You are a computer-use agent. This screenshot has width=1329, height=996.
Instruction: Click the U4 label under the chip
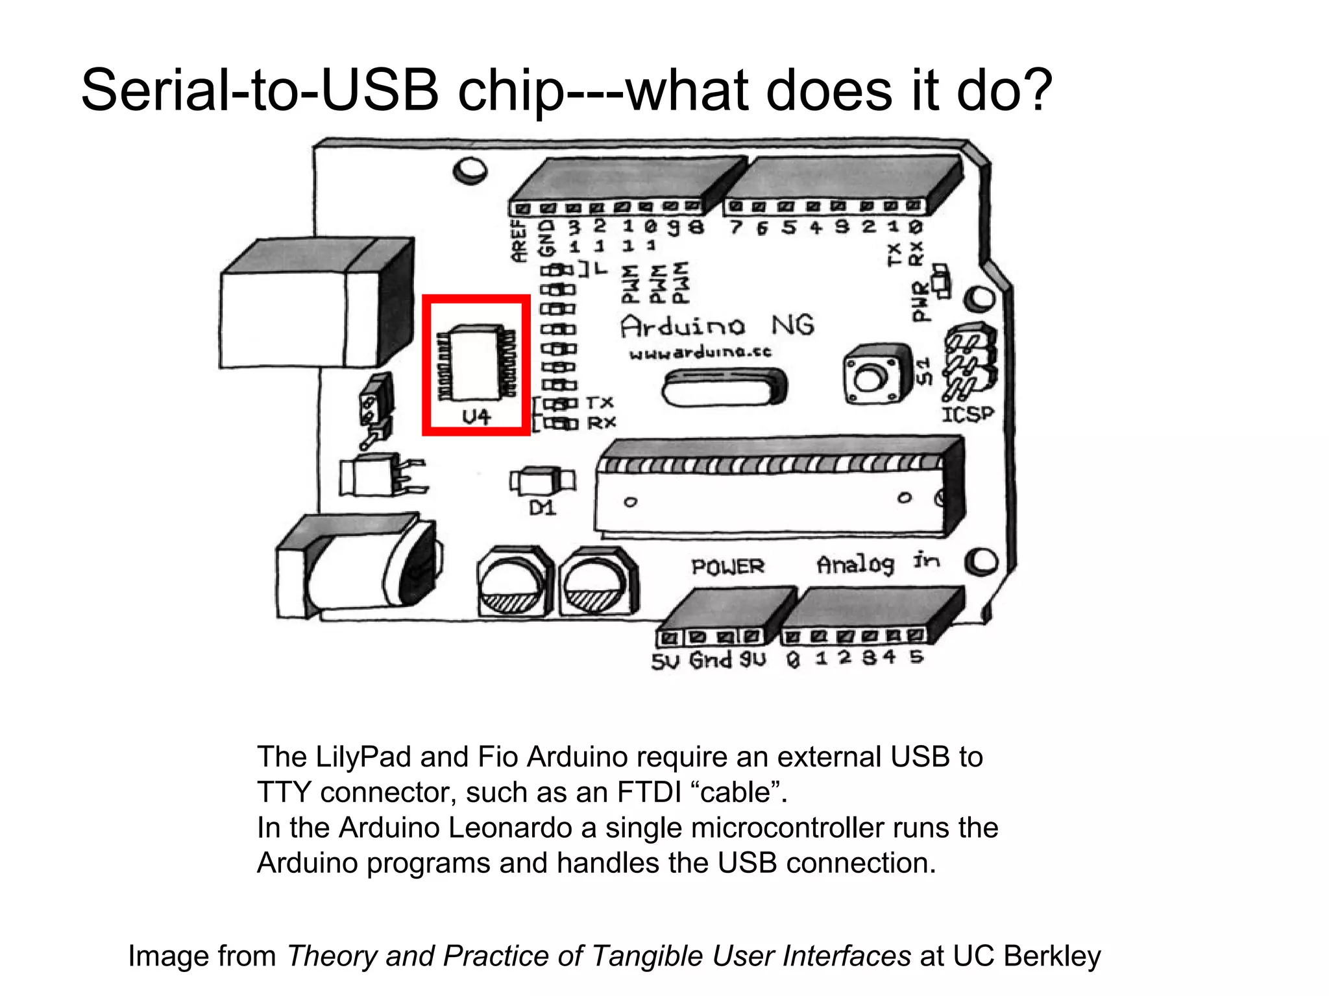click(x=476, y=416)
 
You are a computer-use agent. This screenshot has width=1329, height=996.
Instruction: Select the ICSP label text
click(x=968, y=414)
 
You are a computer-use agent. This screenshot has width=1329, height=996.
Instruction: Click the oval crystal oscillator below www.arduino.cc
click(x=724, y=388)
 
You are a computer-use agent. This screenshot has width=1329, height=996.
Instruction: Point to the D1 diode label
click(x=543, y=508)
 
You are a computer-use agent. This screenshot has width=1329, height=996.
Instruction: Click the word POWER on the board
click(x=727, y=567)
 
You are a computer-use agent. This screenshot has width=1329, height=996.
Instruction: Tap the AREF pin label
click(x=519, y=241)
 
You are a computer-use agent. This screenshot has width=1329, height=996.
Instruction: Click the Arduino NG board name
click(x=716, y=326)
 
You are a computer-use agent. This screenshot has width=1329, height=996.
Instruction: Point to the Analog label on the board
click(x=855, y=565)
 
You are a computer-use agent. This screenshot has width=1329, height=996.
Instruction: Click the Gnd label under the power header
click(x=711, y=660)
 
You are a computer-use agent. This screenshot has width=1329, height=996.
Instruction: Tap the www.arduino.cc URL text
click(x=700, y=353)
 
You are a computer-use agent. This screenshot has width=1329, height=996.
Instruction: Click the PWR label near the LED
click(x=920, y=302)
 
